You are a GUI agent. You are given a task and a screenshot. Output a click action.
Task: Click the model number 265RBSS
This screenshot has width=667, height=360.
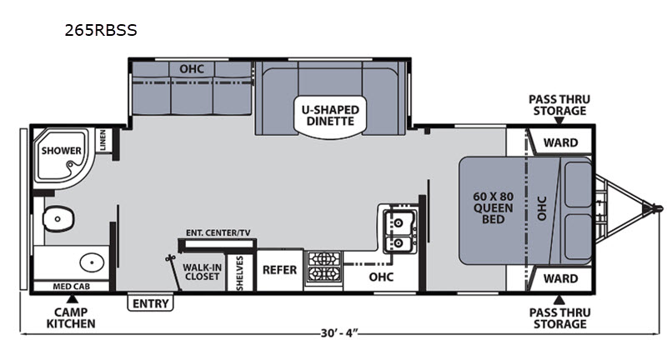101,30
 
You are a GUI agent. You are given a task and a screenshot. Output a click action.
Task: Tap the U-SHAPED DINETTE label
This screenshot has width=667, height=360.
330,116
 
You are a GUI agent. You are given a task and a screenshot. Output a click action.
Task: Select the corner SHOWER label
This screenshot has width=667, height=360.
61,151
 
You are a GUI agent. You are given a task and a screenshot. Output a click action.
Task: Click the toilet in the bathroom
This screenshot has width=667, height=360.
58,219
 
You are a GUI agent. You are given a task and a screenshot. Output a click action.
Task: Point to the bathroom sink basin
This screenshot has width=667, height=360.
92,262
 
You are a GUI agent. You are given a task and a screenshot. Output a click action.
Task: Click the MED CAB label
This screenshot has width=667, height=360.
71,287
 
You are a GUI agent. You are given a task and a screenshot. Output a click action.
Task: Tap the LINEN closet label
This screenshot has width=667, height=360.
103,140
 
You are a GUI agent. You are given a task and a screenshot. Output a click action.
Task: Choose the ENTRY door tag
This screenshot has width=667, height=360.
151,303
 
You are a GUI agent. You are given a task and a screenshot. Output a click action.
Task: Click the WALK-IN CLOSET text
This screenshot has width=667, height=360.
202,272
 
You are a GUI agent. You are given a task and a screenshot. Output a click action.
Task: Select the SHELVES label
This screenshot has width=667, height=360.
239,273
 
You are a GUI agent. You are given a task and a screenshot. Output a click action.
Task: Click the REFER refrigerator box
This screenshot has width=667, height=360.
279,270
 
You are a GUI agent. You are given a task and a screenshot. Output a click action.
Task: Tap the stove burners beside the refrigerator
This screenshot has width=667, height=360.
324,267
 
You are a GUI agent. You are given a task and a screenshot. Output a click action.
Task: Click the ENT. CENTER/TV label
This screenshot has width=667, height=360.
218,232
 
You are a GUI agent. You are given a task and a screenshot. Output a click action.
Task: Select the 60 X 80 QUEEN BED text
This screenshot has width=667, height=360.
494,207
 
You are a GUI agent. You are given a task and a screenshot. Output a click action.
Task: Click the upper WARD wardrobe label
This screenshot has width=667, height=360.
560,142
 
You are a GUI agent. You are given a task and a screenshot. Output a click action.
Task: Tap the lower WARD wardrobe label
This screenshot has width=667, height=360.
560,278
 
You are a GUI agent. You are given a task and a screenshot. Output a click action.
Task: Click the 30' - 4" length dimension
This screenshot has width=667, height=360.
339,333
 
